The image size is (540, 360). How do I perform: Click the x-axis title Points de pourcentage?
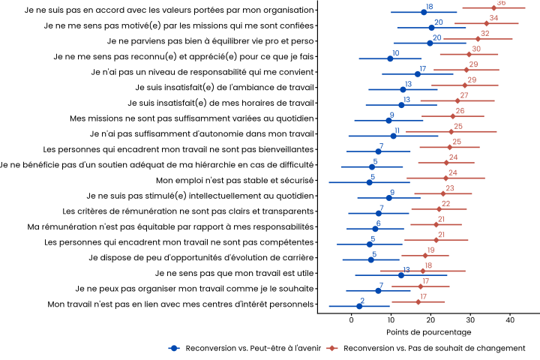(429, 331)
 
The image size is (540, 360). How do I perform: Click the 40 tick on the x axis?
(510, 320)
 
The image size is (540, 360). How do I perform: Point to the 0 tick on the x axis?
(352, 320)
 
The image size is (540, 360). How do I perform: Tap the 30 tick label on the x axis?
(470, 320)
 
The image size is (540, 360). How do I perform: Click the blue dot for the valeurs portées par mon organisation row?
(424, 12)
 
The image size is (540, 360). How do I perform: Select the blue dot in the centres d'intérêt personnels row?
(359, 306)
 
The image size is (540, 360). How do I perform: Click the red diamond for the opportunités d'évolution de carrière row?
(425, 255)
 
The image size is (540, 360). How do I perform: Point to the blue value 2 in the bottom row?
(362, 300)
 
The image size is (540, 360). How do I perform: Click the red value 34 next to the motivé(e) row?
(493, 18)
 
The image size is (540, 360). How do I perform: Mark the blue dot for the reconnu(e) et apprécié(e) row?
(390, 58)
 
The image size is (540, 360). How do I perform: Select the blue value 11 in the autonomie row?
(397, 130)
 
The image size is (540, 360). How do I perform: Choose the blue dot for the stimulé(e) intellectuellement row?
(388, 197)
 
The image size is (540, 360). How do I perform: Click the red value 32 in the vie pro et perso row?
(485, 34)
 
